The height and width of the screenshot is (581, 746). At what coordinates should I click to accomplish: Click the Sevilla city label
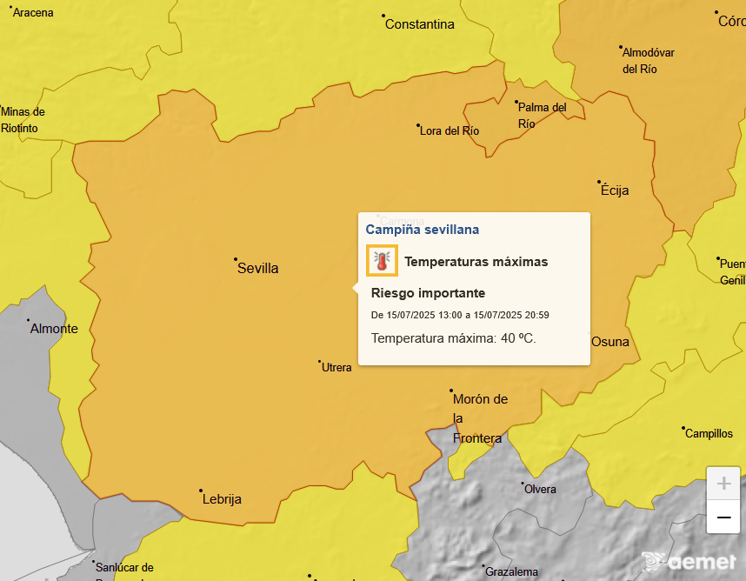coord(258,269)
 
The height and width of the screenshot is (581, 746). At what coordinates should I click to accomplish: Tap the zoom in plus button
coord(723,483)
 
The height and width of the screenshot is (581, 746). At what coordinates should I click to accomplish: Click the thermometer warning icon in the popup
coord(382,261)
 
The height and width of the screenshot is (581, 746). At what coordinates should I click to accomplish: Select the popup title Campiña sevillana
coord(423,230)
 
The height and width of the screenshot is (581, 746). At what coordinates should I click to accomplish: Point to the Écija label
coord(614,190)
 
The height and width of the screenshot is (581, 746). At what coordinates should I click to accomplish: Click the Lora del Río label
coord(450,131)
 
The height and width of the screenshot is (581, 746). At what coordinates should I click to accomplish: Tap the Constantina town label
coord(420,24)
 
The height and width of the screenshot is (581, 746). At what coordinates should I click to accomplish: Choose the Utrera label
coord(336,368)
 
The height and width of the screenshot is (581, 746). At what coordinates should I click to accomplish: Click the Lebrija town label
coord(222,499)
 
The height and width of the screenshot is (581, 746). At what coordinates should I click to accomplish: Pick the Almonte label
coord(54,329)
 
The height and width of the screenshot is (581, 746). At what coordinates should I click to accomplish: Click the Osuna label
coord(610,342)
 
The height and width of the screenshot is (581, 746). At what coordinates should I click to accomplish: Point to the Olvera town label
coord(540,490)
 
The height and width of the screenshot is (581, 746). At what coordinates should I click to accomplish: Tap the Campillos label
coord(709,433)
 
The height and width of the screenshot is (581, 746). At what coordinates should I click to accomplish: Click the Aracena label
coord(33,13)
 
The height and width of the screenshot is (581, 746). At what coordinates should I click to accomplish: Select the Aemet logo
coord(689,561)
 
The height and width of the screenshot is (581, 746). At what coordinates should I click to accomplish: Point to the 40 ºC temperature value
coord(518,337)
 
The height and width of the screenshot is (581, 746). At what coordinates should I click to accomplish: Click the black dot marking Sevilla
coord(236,259)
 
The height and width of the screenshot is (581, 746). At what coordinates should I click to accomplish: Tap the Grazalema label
coord(511,572)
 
